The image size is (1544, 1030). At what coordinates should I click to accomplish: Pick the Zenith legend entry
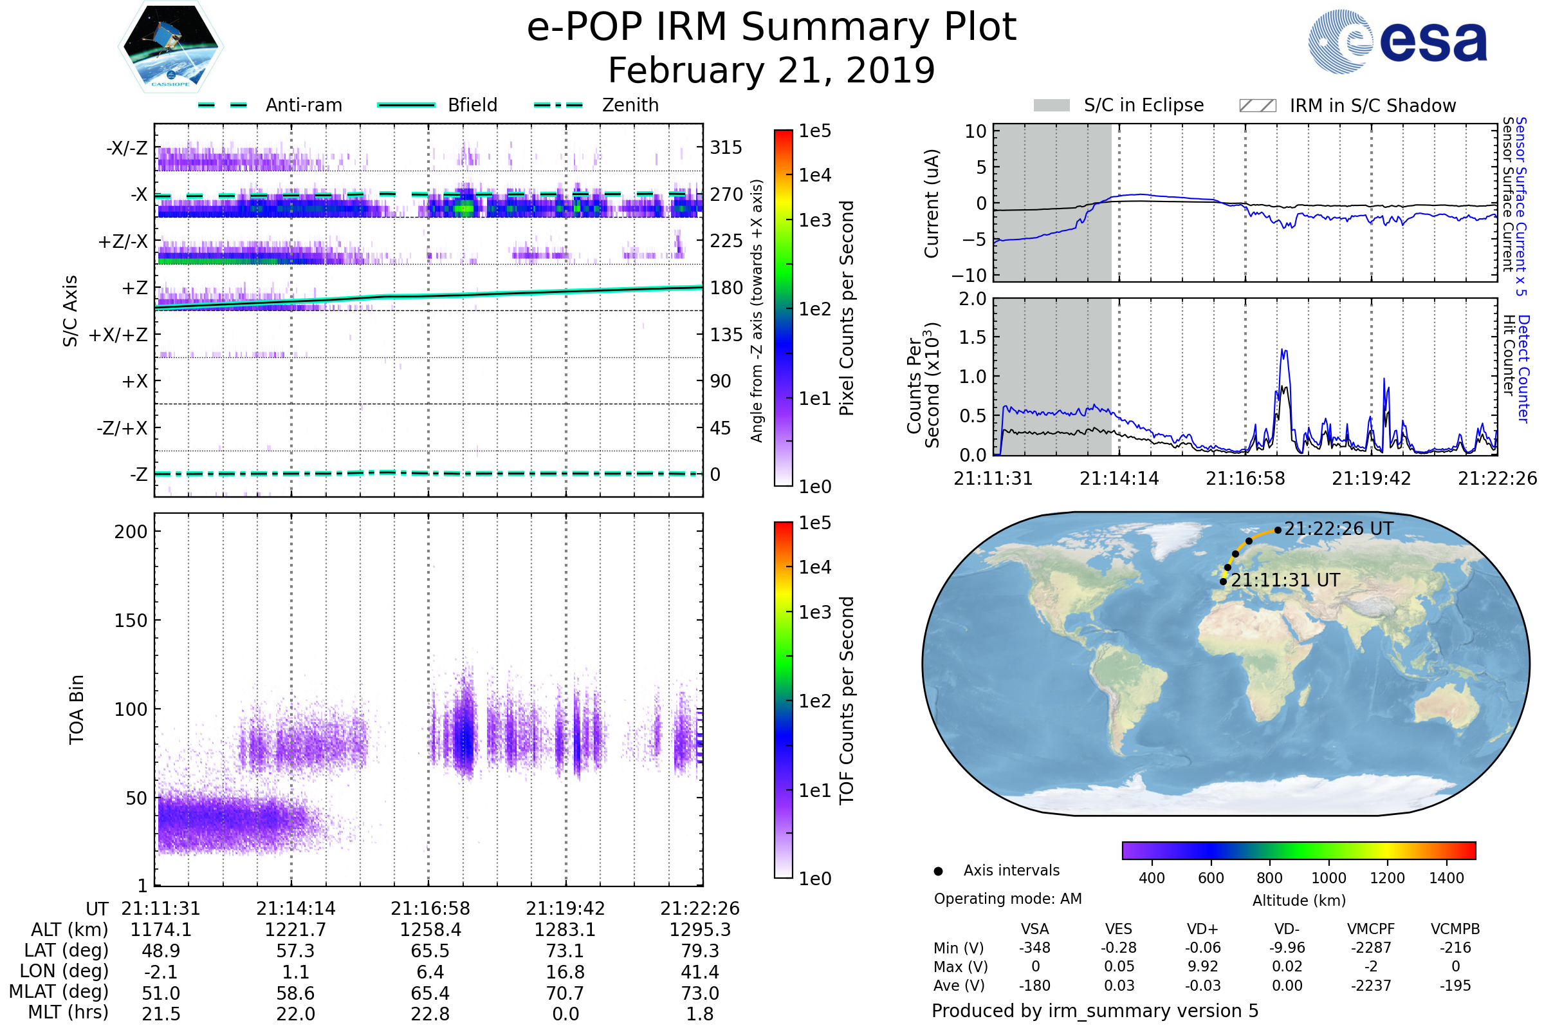tap(596, 105)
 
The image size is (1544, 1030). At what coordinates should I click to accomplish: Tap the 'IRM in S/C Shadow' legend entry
tap(1347, 106)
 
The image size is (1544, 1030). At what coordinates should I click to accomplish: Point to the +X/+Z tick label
tap(118, 335)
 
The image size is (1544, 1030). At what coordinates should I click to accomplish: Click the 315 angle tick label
tap(726, 147)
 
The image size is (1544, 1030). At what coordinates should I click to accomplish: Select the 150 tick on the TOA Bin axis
tap(131, 621)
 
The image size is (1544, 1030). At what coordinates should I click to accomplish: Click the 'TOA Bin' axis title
tap(77, 709)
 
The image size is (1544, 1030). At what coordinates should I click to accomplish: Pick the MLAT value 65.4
tap(430, 993)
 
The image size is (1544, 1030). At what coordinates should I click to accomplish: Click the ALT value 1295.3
tap(700, 930)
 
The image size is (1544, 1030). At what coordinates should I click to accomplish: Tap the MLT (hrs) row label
tap(68, 1012)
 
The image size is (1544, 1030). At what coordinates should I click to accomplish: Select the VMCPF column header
tap(1371, 930)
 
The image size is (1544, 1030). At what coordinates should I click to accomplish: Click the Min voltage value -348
tap(1034, 948)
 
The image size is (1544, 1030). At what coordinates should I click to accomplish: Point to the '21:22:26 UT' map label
tap(1338, 529)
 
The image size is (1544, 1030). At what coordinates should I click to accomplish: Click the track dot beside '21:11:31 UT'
tap(1223, 581)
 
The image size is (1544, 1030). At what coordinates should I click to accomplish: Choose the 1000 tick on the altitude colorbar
tap(1328, 878)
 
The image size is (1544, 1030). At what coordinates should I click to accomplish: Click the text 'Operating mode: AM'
tap(1007, 899)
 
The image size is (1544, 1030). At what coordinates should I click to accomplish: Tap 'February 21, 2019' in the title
tap(771, 70)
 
